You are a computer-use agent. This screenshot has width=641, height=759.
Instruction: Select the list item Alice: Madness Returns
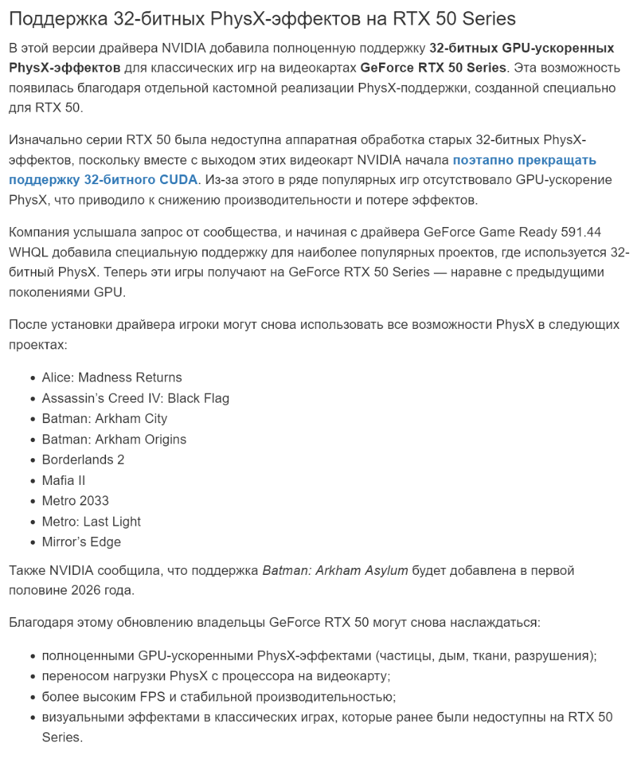tap(112, 377)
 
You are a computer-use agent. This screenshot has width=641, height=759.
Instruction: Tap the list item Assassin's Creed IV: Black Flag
tap(136, 398)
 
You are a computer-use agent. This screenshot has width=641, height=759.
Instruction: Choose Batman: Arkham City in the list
tap(105, 419)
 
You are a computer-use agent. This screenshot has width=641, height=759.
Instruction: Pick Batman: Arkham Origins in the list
tap(114, 439)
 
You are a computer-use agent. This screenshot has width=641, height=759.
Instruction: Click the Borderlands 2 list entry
tap(83, 460)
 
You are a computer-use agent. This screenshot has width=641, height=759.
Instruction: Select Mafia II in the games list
tap(63, 481)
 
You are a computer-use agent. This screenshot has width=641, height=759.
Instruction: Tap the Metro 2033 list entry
tap(75, 501)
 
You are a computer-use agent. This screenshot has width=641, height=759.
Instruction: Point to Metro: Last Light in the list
tap(91, 521)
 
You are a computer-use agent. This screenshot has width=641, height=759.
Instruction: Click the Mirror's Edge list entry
tap(81, 542)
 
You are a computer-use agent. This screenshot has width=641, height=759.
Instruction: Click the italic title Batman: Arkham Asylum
tap(335, 570)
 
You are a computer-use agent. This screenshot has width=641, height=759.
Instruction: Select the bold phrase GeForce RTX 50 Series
tap(432, 67)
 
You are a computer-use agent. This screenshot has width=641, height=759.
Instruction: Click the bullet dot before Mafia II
tap(33, 481)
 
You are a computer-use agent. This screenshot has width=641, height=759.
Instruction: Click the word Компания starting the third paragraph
tap(39, 231)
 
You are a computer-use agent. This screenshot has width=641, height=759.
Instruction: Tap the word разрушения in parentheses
tap(554, 656)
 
